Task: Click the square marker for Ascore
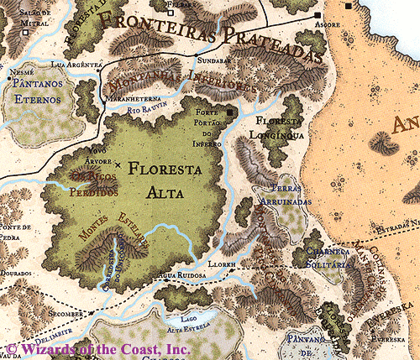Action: [x=318, y=16]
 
